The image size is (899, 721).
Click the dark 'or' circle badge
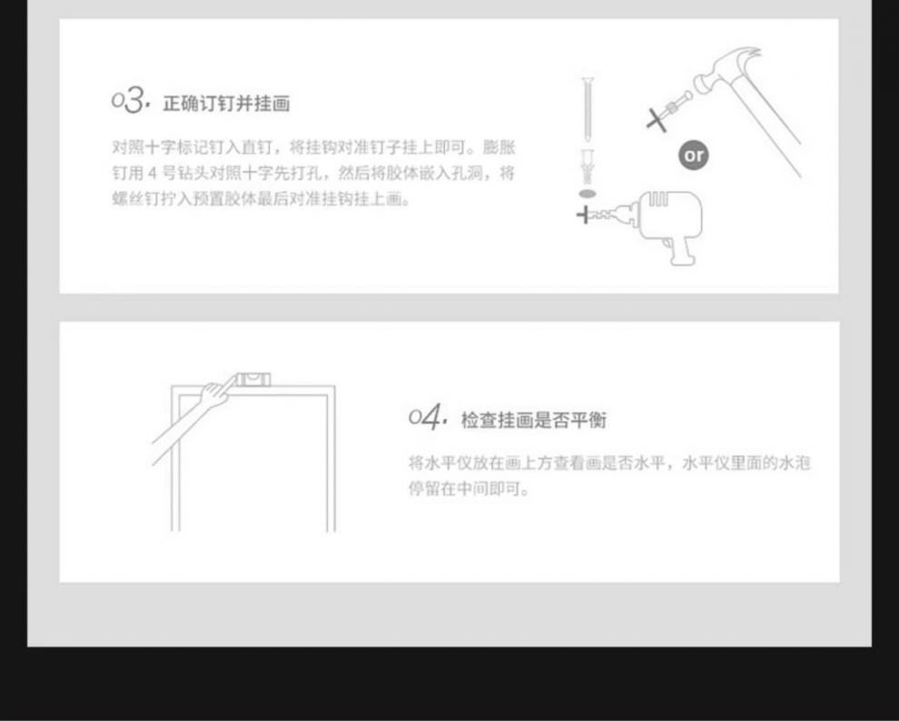coord(693,155)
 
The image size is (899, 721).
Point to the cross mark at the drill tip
coord(584,215)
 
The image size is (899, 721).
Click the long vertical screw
coord(586,109)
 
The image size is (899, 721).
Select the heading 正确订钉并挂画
coord(227,104)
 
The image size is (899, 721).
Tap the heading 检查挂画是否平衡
coord(534,420)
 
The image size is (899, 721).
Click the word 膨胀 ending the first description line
coord(499,147)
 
